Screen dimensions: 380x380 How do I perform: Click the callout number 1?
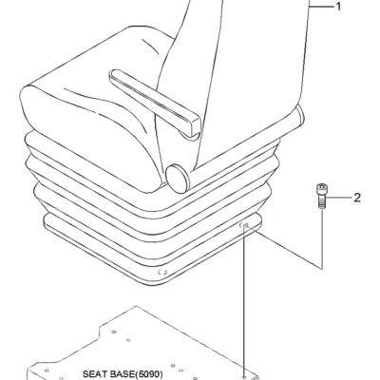point(338,7)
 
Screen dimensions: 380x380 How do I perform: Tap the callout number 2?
point(357,198)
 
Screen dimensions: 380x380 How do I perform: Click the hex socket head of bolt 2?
point(322,189)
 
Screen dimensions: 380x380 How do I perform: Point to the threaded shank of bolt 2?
point(321,201)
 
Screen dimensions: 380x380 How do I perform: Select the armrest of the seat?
point(155,102)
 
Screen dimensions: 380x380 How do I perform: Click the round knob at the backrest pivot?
point(178,179)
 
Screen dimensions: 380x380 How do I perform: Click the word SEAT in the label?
point(93,374)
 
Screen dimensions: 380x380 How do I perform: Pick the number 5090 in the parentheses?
point(149,374)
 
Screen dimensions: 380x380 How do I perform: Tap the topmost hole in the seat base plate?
point(114,332)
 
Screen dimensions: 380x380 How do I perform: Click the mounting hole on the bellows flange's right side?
point(245,225)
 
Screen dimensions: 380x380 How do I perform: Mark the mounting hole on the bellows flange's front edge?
point(162,272)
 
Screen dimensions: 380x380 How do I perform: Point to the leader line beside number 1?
point(321,7)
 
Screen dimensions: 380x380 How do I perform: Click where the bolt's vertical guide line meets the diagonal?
point(322,269)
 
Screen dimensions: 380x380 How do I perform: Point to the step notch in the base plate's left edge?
point(100,330)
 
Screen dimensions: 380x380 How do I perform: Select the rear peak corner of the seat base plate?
point(136,307)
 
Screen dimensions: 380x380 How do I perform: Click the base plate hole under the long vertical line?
point(244,378)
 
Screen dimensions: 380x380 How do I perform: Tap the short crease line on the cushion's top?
point(149,46)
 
